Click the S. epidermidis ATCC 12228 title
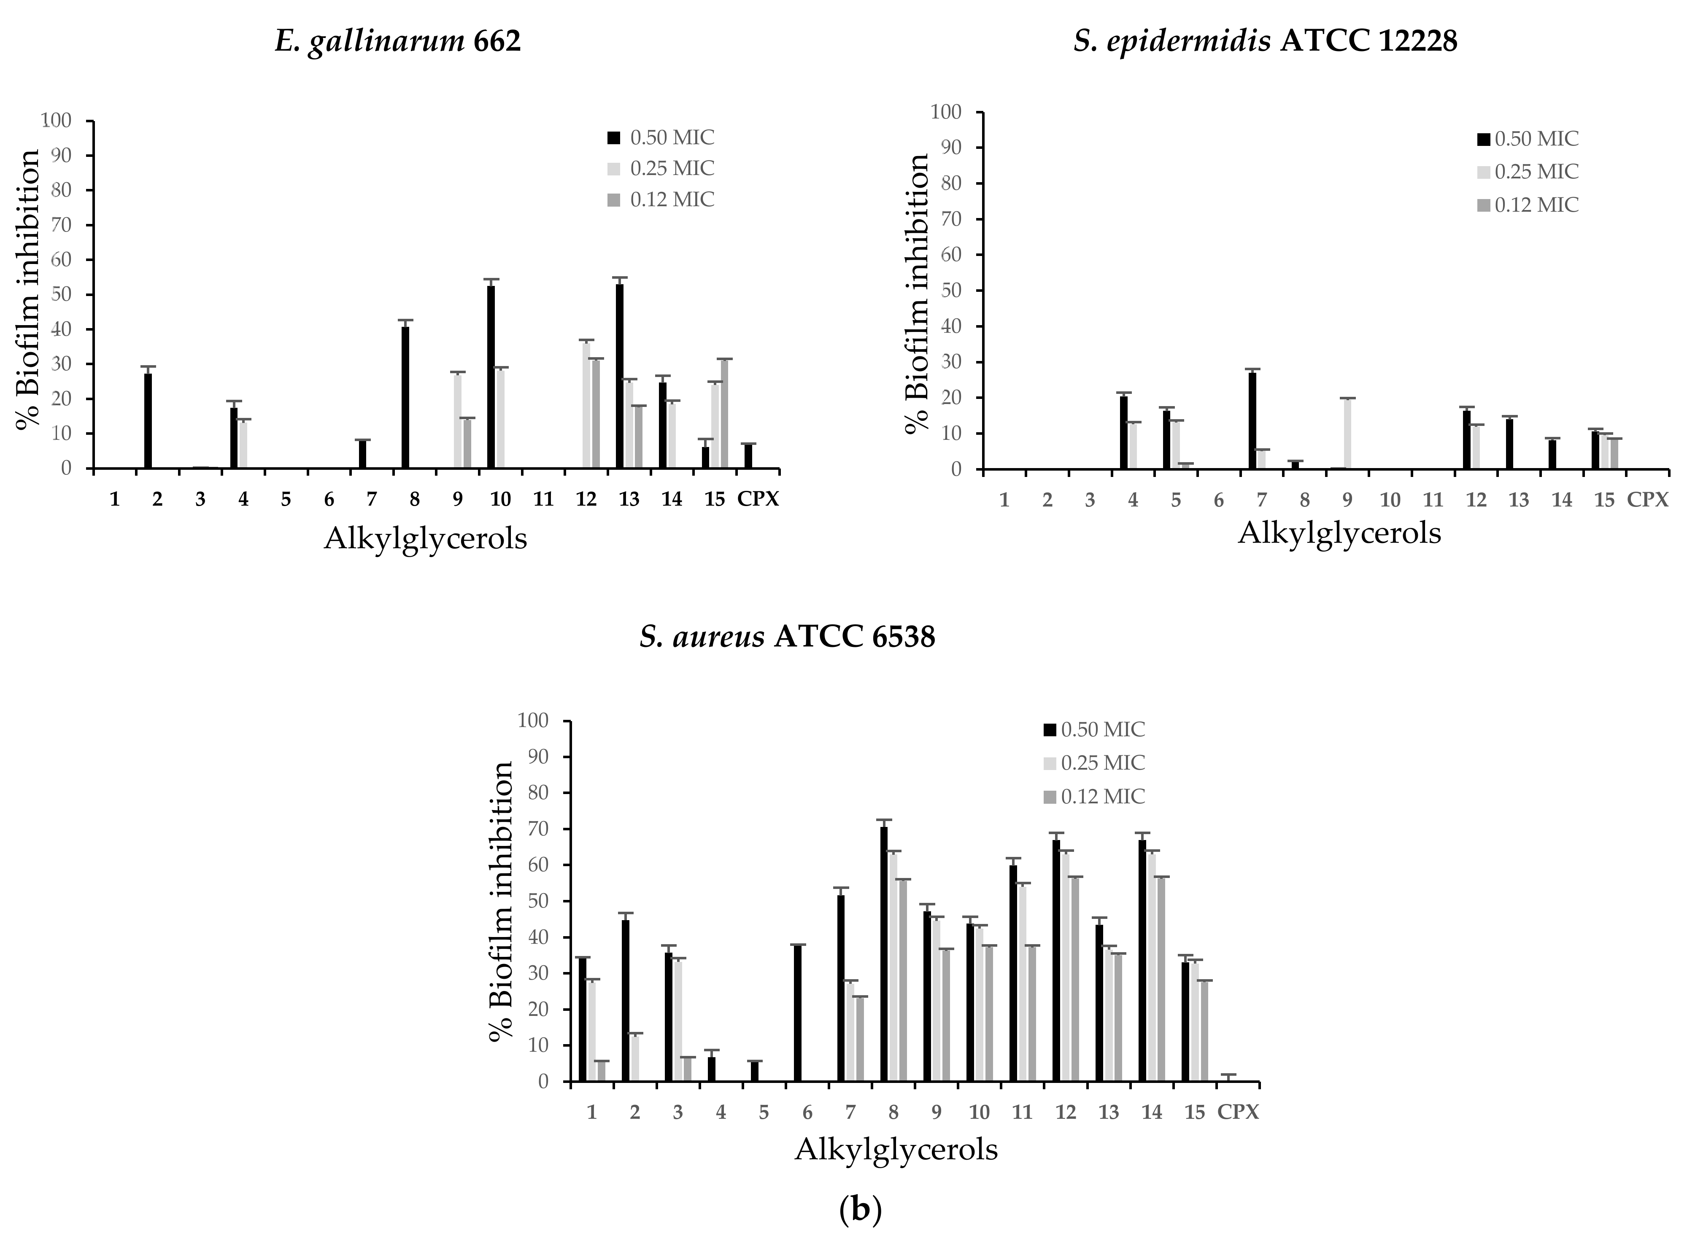[1265, 42]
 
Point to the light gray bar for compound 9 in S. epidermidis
[1347, 434]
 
